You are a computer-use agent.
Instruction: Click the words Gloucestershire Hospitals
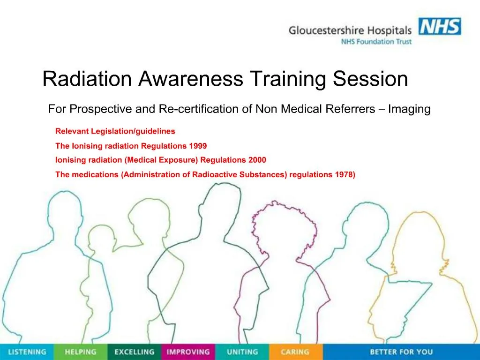(x=350, y=30)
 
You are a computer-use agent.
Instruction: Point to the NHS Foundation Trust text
(x=376, y=42)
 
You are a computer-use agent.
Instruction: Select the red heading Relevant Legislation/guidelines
(x=115, y=131)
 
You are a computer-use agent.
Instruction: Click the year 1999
(x=197, y=146)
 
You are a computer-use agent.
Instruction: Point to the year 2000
(x=257, y=160)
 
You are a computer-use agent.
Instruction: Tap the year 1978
(x=345, y=174)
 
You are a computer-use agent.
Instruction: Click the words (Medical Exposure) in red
(x=162, y=160)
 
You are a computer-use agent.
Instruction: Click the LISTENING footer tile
(x=27, y=352)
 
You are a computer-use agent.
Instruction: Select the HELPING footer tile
(x=80, y=352)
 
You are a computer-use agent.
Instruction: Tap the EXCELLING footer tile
(x=134, y=352)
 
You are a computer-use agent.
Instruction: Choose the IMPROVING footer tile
(x=188, y=352)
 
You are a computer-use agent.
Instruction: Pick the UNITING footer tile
(x=242, y=352)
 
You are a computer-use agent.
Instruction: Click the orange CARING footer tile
(x=295, y=352)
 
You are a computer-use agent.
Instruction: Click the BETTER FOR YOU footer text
(x=401, y=352)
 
